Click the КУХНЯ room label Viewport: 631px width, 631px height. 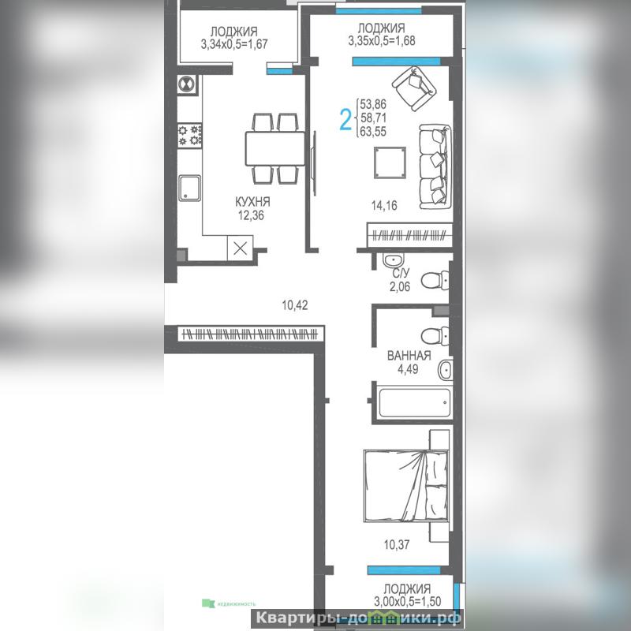[252, 202]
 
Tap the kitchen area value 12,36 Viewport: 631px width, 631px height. [251, 215]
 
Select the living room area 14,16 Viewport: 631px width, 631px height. [384, 205]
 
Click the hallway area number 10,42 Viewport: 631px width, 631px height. [294, 305]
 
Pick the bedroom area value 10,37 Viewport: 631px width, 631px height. [397, 544]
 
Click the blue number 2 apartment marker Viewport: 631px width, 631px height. [345, 120]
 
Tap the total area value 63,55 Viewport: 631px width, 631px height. [373, 132]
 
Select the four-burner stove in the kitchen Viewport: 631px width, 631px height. [190, 135]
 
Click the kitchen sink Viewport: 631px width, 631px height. [189, 188]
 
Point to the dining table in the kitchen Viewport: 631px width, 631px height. [275, 148]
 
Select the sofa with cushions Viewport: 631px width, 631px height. [435, 167]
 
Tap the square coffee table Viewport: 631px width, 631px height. [390, 162]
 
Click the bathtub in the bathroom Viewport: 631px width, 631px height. [415, 402]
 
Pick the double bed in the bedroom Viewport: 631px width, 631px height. [406, 486]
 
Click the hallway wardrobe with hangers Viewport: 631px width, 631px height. [250, 334]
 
